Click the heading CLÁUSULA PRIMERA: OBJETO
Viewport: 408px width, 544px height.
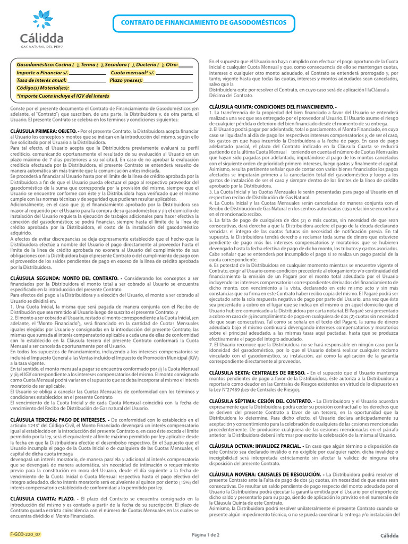pos(44,130)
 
